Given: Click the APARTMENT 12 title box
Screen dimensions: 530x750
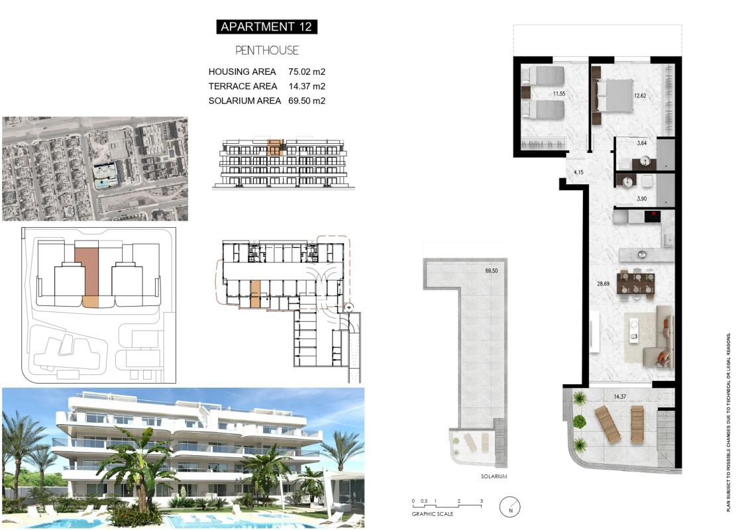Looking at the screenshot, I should tap(266, 26).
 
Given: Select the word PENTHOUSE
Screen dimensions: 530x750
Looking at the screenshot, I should tap(267, 50).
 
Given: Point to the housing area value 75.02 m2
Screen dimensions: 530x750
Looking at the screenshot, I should tap(307, 72).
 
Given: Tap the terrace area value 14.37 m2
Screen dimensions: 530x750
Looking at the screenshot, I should tap(307, 86).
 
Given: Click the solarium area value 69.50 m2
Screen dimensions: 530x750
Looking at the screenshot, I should tap(307, 101).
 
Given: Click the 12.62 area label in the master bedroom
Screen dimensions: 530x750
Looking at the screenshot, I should tap(639, 95).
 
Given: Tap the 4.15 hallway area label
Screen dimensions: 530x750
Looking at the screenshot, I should tap(578, 172).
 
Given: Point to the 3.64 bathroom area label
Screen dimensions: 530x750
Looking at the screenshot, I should tap(641, 142).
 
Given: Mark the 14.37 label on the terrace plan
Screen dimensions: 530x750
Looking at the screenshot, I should tap(620, 397).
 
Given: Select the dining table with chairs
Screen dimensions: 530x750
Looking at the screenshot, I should tap(635, 283).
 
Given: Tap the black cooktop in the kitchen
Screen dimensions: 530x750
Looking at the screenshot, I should tap(653, 216).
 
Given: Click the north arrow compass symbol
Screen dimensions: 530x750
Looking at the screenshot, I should tap(510, 507).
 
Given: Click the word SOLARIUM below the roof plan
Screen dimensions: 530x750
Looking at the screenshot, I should tap(494, 476).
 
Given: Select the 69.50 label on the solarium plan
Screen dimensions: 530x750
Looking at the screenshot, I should tap(491, 271).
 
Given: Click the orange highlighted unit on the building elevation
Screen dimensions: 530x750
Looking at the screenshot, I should tap(275, 147).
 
